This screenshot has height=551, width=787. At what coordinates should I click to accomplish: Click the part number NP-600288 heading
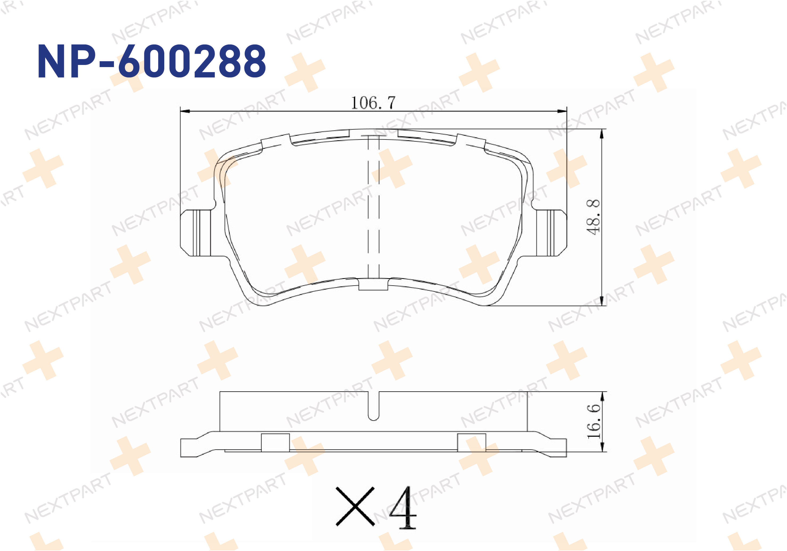(152, 62)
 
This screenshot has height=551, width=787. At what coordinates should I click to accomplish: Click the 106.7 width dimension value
(373, 103)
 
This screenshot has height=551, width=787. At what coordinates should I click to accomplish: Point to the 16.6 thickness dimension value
(594, 421)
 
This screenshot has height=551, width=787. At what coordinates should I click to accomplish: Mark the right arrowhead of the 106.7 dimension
(562, 111)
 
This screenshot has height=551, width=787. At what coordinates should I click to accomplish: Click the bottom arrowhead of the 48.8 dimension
(602, 301)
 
